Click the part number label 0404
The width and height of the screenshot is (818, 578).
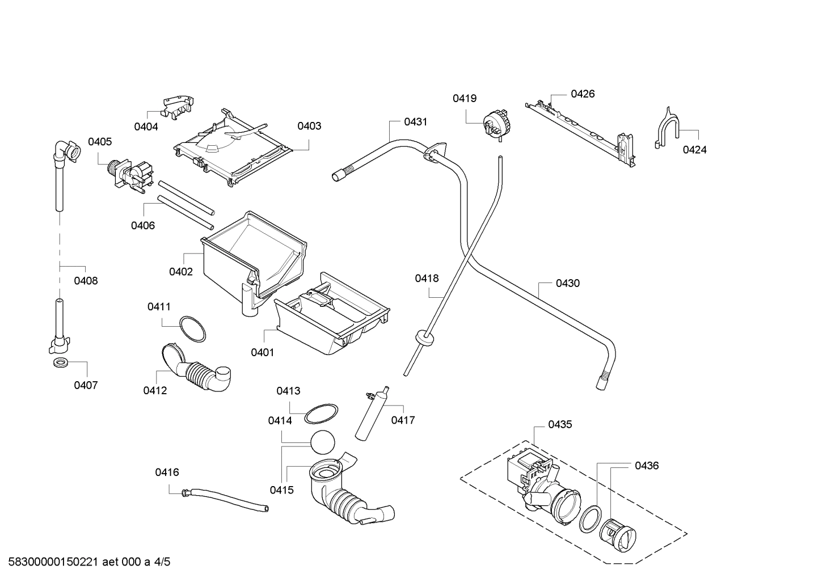point(146,126)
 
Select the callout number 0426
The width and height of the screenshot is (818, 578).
point(583,94)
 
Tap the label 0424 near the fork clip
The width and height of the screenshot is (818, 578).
point(694,150)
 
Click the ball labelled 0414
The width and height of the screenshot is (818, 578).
point(323,441)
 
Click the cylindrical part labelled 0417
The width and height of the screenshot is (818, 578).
point(372,417)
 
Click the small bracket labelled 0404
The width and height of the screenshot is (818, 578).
point(176,107)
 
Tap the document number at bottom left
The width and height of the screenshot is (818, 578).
point(88,562)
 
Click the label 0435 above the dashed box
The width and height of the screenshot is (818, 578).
point(560,424)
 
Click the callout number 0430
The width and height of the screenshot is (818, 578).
point(567,283)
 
